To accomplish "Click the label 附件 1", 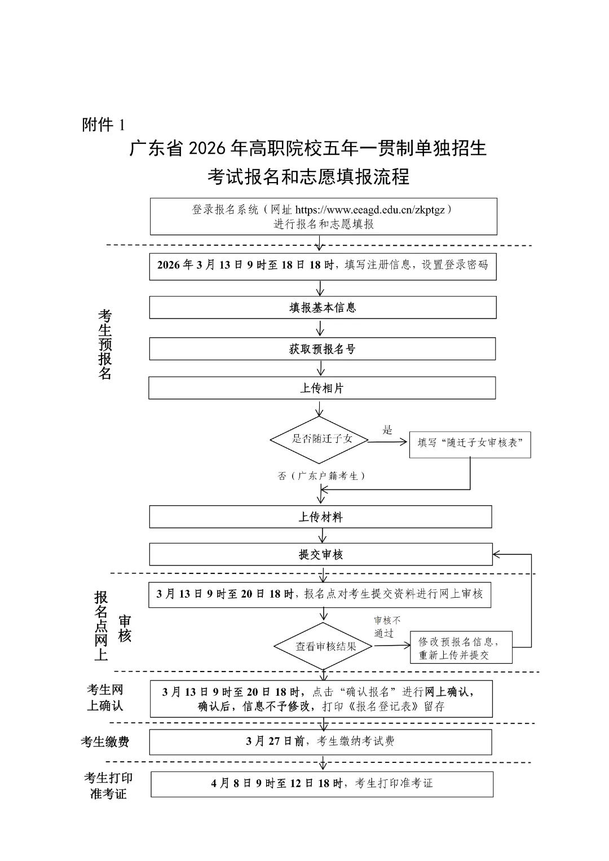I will click(103, 125).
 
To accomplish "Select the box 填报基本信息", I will click(323, 308).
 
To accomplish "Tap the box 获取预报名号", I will click(322, 349).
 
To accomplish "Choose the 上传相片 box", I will click(322, 388).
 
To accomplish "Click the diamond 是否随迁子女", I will click(320, 439).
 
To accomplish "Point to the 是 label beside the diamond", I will click(387, 430).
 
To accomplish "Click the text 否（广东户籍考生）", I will click(322, 476).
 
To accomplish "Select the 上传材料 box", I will click(320, 517).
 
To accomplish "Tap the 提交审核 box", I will click(320, 555).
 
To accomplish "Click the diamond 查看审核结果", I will click(324, 647).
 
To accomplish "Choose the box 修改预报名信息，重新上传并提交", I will click(461, 648).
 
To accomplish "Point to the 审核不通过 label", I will click(387, 626).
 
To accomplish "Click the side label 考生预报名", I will click(105, 344).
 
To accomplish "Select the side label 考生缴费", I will click(105, 742).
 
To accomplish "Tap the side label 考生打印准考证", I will click(108, 785).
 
